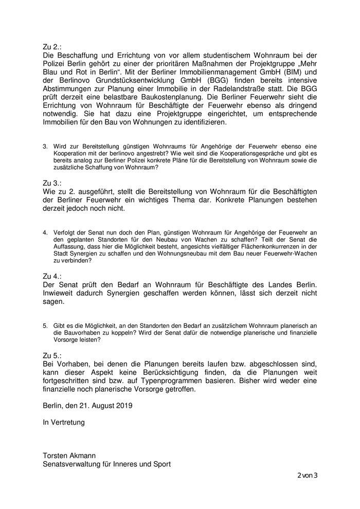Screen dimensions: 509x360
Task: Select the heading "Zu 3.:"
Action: [53, 183]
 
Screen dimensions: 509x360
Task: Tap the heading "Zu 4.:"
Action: [53, 276]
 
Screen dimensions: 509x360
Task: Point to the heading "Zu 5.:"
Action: [53, 355]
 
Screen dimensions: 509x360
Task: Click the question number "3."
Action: [45, 147]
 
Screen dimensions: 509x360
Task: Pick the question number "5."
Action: [45, 326]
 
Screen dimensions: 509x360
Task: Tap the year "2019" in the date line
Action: [124, 406]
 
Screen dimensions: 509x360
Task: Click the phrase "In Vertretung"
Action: [64, 423]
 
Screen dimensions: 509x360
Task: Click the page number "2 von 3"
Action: [308, 475]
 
